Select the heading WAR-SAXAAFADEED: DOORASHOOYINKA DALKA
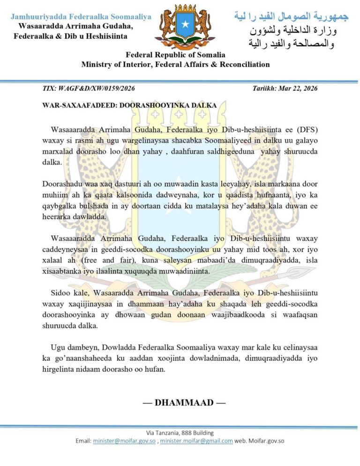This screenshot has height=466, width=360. [x=129, y=105]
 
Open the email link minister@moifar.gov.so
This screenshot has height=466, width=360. [x=124, y=441]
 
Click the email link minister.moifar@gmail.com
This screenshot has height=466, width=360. [x=196, y=441]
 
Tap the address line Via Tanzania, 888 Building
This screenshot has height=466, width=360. [x=180, y=433]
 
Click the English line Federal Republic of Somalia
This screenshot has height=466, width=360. [x=175, y=55]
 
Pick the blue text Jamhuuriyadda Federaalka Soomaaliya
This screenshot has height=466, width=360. [x=81, y=17]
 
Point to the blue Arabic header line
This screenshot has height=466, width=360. [x=291, y=17]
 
